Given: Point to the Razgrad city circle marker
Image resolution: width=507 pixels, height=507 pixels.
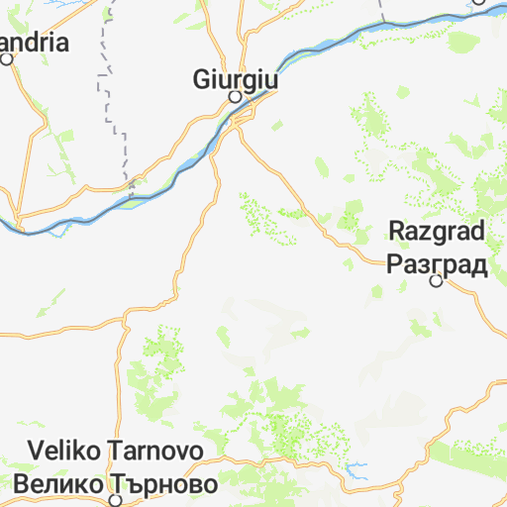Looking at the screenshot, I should click(x=436, y=281).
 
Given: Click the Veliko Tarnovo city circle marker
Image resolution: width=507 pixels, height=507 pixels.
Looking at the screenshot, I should click(x=115, y=501).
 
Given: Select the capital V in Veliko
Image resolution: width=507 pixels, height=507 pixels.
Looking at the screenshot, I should click(x=36, y=452).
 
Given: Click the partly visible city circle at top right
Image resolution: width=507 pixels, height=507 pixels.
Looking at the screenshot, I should click(x=478, y=2).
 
